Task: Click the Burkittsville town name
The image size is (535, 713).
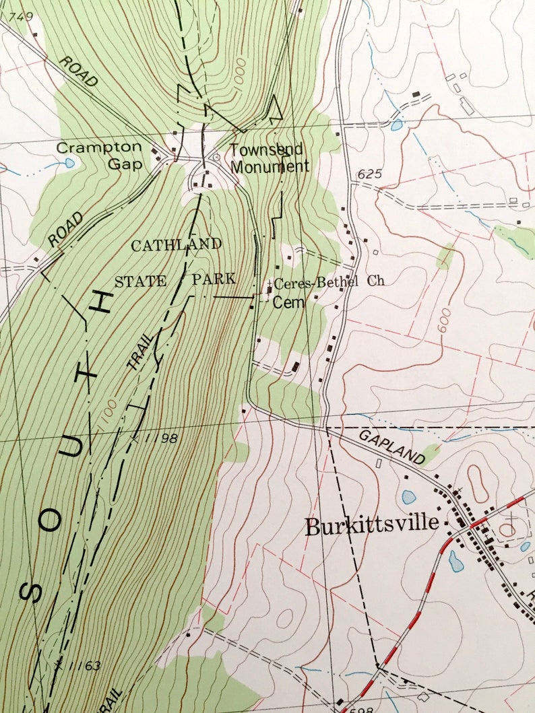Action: pos(373,526)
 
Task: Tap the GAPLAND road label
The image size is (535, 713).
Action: pos(392,446)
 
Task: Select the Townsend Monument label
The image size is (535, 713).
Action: pos(269,158)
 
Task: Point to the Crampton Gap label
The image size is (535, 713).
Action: pos(100,156)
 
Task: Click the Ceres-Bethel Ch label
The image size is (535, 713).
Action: pos(329,281)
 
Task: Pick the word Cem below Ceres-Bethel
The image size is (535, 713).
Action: pos(288,303)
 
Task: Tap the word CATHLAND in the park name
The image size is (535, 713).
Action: pos(176,245)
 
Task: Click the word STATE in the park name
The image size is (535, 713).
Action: pos(140,281)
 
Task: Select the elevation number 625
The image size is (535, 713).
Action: pos(370,174)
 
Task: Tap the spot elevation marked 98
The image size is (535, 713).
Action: pos(168,438)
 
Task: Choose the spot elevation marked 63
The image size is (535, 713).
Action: pos(92,666)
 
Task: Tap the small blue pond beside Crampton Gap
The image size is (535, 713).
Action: pos(70,163)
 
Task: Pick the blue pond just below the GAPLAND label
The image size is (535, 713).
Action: pos(409,497)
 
